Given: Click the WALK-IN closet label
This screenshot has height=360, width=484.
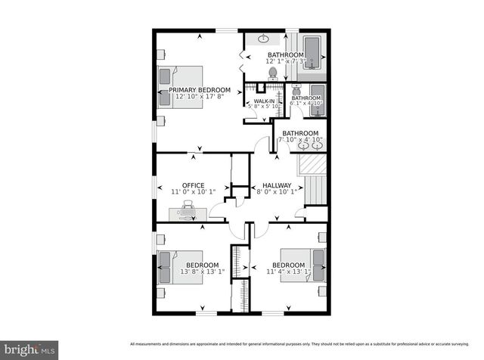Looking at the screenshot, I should tap(264, 101).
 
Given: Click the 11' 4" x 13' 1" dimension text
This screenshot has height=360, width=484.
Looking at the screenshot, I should tap(288, 272).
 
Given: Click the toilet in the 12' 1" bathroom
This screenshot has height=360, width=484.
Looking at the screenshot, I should tap(273, 73).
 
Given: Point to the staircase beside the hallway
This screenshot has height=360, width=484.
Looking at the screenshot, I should tap(313, 182).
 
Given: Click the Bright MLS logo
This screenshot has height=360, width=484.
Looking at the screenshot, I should tap(29, 349).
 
